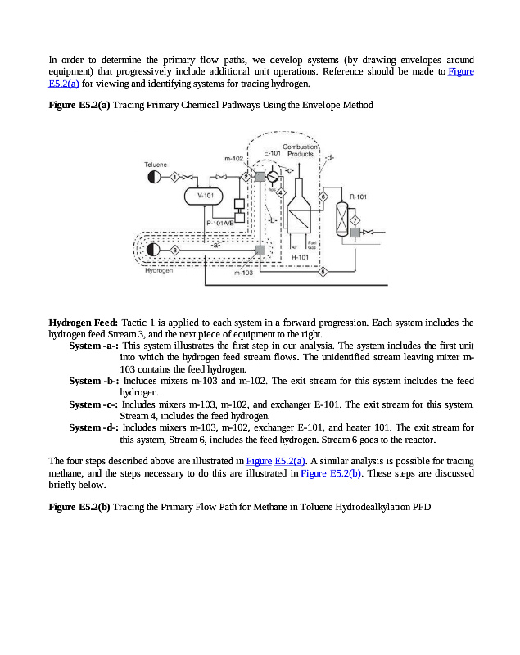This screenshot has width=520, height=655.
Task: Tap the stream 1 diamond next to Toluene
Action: pyautogui.click(x=174, y=177)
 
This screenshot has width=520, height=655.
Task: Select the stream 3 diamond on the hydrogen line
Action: pyautogui.click(x=174, y=250)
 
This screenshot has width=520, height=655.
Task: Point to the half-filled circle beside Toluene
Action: pyautogui.click(x=152, y=177)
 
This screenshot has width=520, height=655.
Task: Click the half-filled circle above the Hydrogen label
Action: pyautogui.click(x=152, y=250)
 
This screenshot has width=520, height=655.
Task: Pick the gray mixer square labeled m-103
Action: pyautogui.click(x=259, y=251)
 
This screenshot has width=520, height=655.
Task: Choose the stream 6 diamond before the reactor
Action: pyautogui.click(x=323, y=197)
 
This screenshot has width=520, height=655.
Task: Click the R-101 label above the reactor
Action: pyautogui.click(x=358, y=196)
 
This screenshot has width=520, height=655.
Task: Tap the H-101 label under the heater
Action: pyautogui.click(x=300, y=256)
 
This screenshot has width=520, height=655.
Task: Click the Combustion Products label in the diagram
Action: pyautogui.click(x=299, y=151)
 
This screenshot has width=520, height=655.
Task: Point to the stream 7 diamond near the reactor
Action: pyautogui.click(x=355, y=221)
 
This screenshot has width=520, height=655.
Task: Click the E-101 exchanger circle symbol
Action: pyautogui.click(x=273, y=177)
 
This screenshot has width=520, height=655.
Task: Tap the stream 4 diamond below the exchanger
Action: pyautogui.click(x=281, y=192)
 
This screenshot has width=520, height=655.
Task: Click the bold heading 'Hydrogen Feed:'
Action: pyautogui.click(x=84, y=323)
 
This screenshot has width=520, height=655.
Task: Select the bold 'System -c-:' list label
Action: pyautogui.click(x=93, y=404)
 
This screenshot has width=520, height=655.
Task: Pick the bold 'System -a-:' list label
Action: pyautogui.click(x=93, y=346)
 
